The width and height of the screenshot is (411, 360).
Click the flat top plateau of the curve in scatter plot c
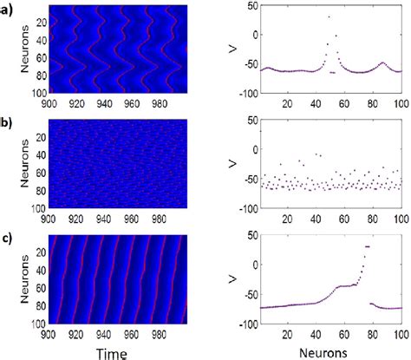(x=367, y=247)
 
